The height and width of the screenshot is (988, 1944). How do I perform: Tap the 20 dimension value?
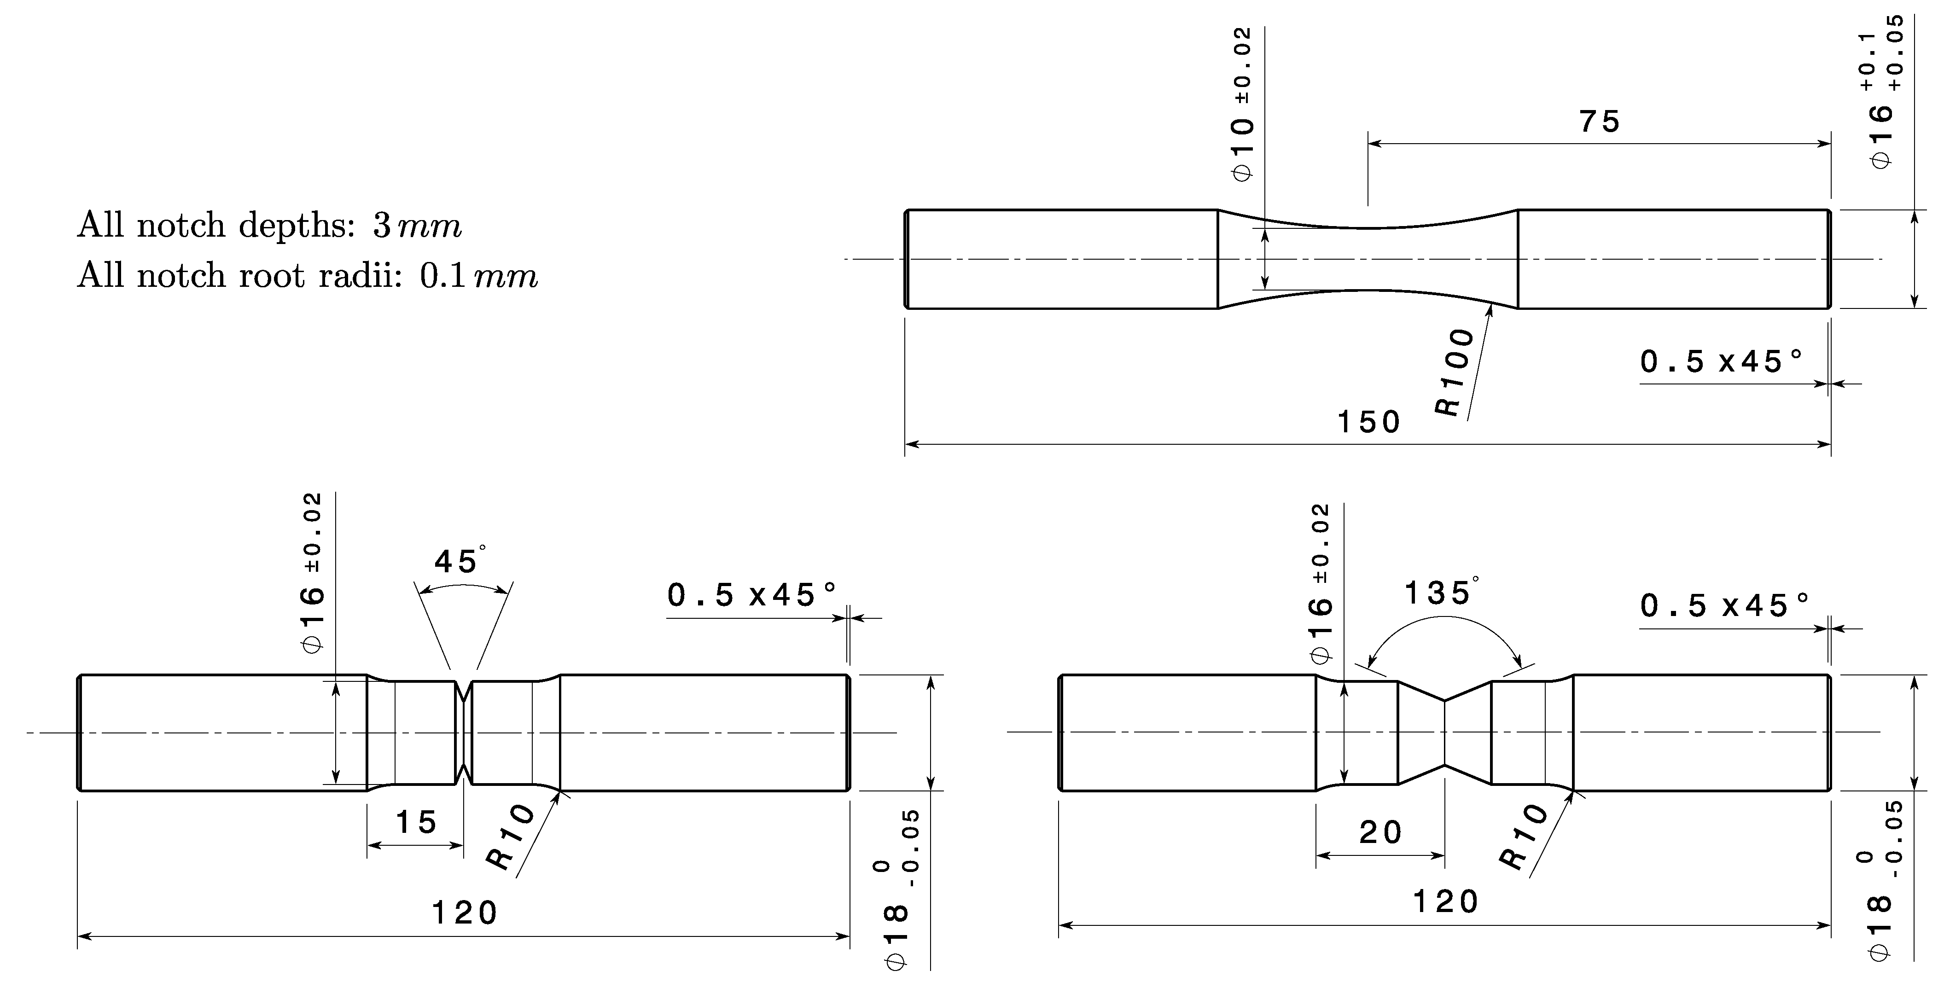[1380, 832]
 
